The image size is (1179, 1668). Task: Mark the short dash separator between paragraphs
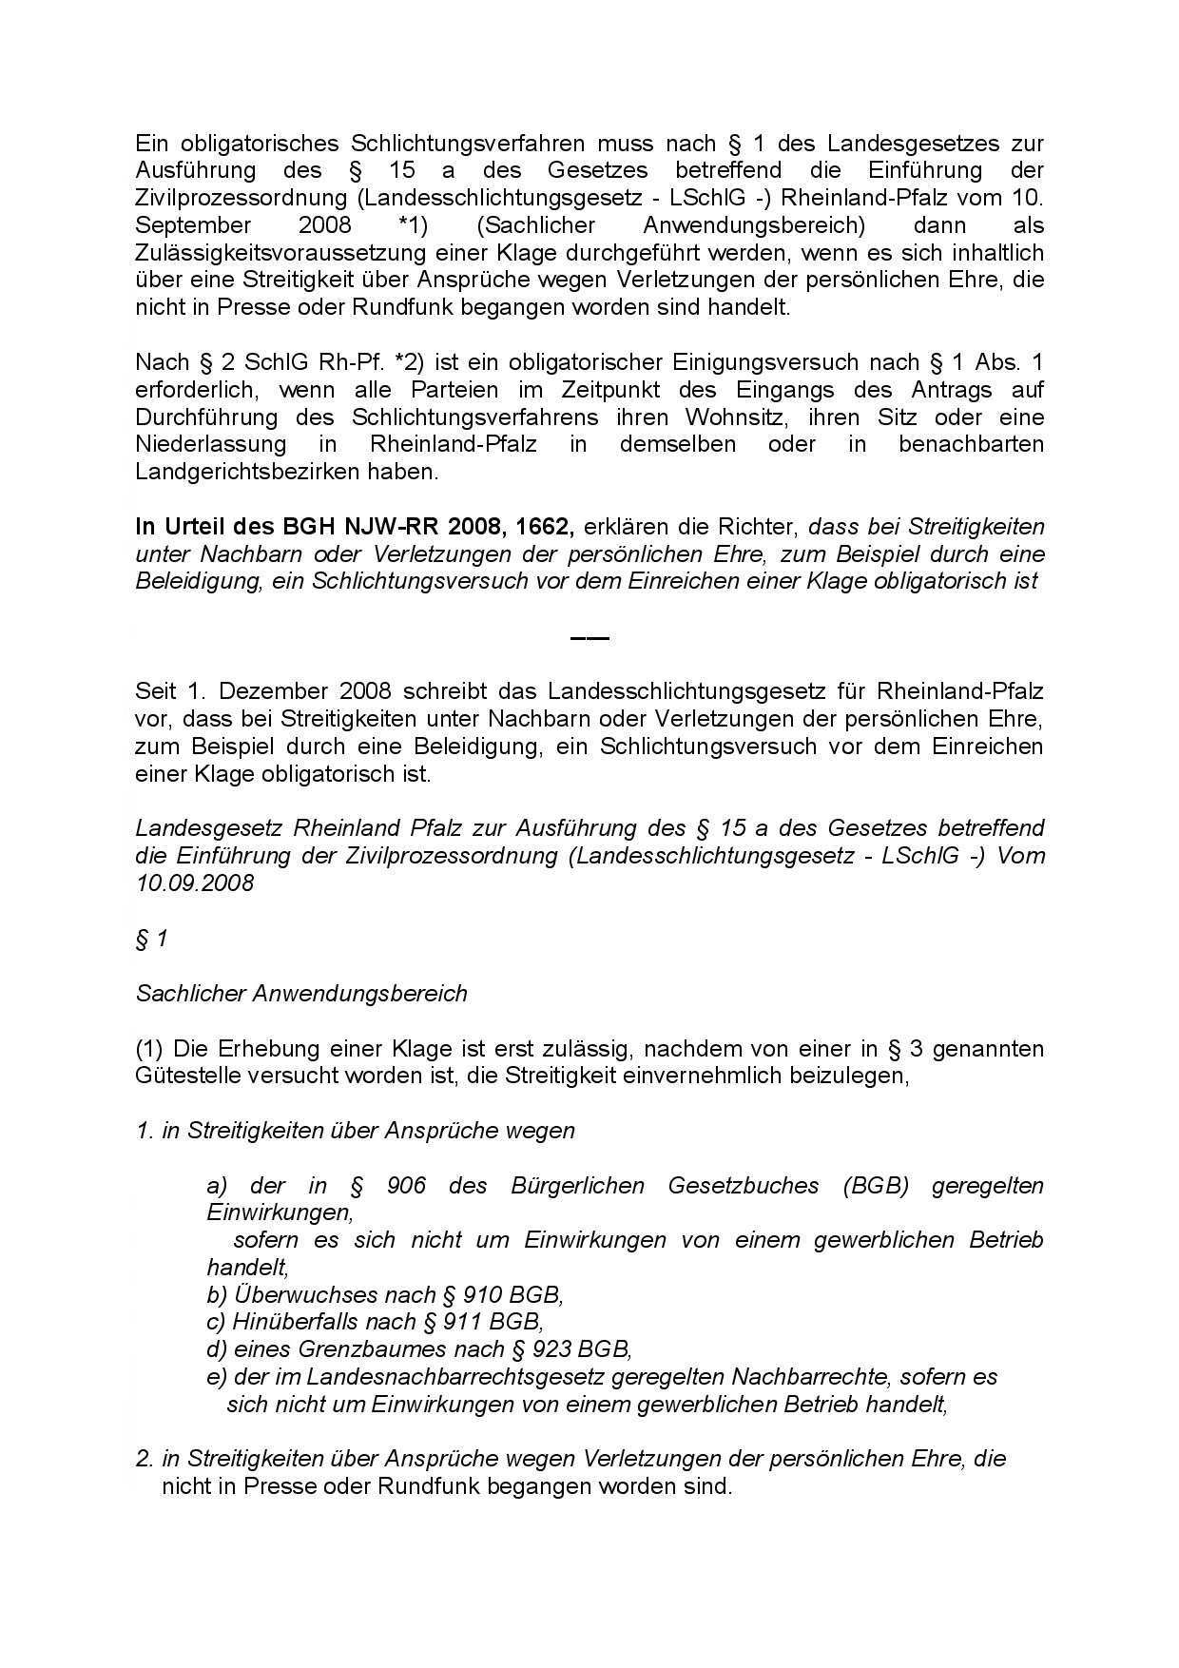(589, 637)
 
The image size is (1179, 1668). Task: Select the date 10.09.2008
(195, 882)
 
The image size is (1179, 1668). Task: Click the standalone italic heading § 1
(152, 939)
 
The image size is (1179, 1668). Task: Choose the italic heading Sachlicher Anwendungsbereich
(301, 994)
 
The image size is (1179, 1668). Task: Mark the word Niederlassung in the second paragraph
(211, 444)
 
